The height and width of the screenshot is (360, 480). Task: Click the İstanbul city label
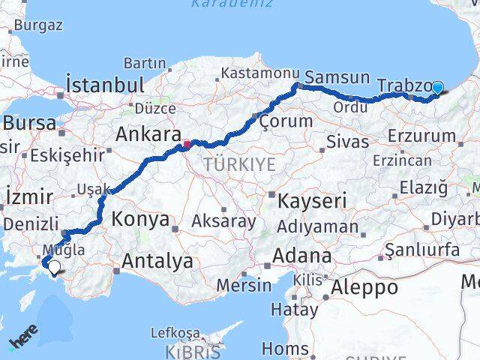pos(104,84)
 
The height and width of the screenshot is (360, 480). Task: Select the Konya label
pos(140,220)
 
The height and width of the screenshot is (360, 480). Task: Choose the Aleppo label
pos(365,286)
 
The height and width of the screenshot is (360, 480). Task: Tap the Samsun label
pos(337,77)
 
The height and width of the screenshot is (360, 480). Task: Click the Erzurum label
pos(422,136)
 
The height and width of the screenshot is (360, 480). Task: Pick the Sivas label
pos(348,142)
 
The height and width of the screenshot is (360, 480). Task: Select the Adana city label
pos(301,255)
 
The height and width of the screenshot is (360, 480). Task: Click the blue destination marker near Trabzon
pos(438,88)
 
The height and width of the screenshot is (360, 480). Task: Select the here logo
pos(23,341)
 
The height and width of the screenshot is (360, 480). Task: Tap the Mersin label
pos(244,286)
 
